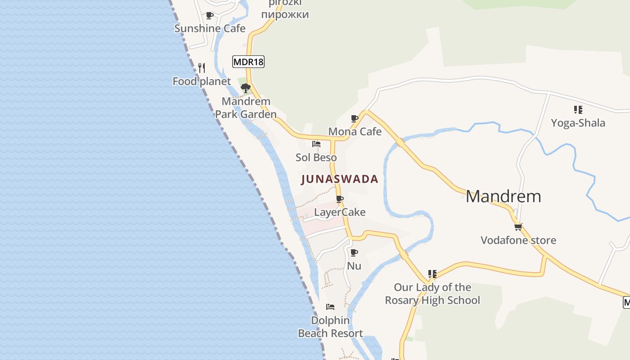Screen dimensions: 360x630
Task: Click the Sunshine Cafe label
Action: click(x=210, y=28)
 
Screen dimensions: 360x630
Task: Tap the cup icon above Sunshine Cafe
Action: click(x=209, y=16)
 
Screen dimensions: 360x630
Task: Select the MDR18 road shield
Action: click(x=248, y=62)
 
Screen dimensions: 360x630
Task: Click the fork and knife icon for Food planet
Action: click(x=202, y=68)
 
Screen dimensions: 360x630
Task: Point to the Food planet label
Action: click(x=202, y=81)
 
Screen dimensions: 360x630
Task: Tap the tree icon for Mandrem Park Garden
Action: click(x=246, y=88)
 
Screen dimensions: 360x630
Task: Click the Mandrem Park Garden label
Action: click(x=246, y=108)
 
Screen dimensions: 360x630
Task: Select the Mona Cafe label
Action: click(x=355, y=131)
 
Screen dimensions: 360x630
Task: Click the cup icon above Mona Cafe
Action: click(x=355, y=119)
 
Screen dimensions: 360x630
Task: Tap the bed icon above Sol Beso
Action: click(x=316, y=144)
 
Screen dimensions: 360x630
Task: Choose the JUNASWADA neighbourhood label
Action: click(x=339, y=179)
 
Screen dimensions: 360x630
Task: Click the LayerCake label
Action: click(x=340, y=212)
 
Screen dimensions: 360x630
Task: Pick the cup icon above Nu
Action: click(x=354, y=253)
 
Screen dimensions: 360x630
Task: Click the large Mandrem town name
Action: click(x=503, y=197)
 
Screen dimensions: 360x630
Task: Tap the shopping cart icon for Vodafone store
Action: click(x=518, y=227)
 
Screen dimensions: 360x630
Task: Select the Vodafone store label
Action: click(x=518, y=240)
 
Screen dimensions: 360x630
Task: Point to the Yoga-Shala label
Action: click(x=578, y=123)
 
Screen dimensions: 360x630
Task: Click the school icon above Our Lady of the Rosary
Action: click(x=432, y=274)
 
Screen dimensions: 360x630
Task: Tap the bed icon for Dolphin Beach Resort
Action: click(x=330, y=307)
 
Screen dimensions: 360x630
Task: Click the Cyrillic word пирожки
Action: click(x=285, y=14)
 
